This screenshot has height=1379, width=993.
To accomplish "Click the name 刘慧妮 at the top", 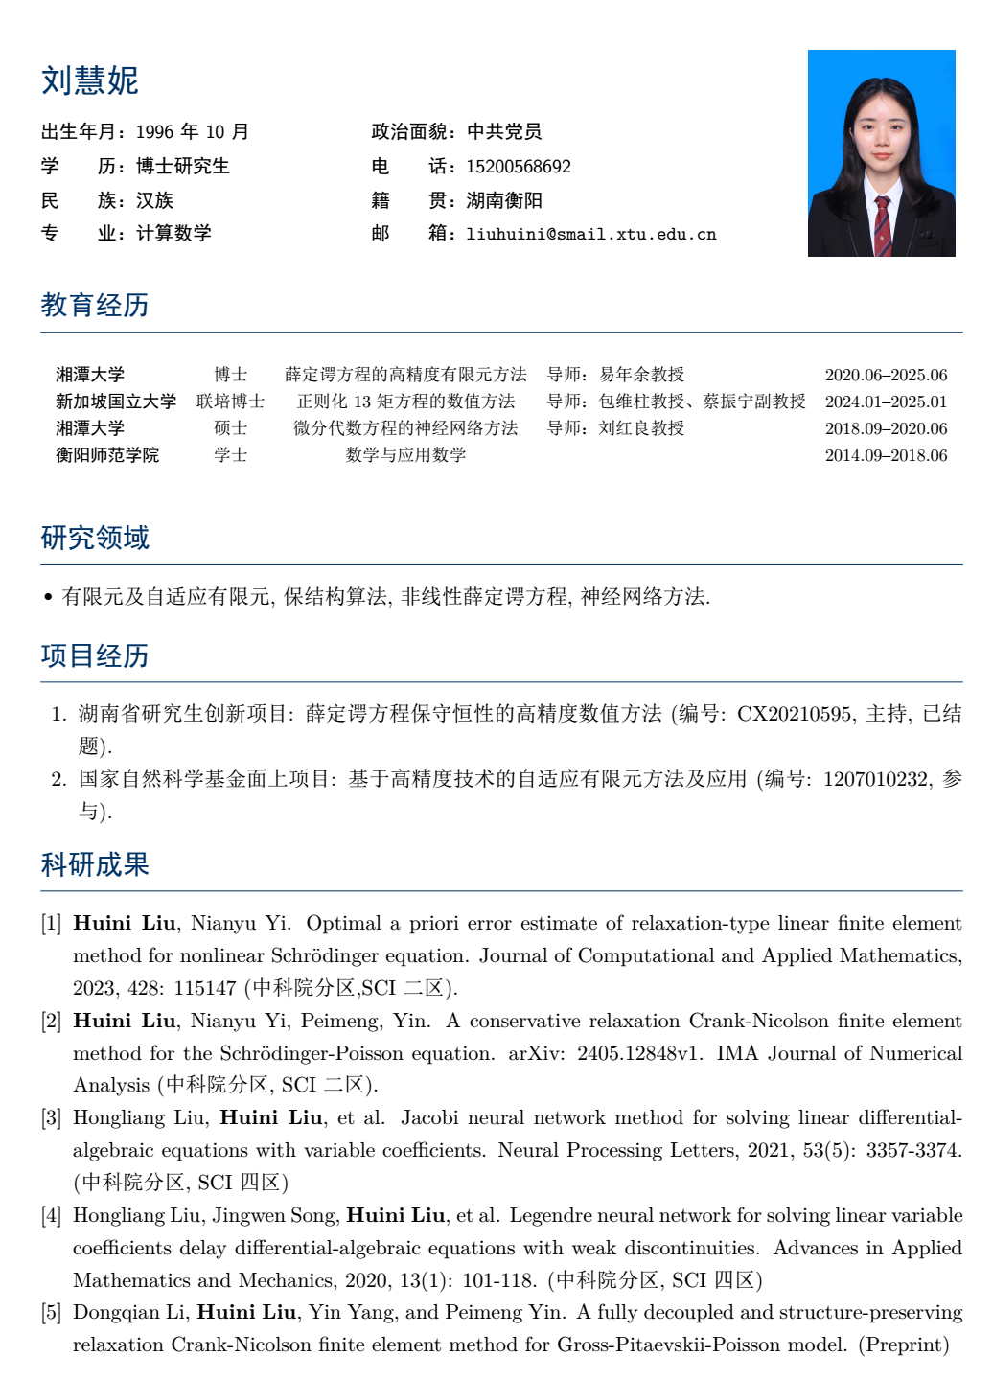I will (x=90, y=80).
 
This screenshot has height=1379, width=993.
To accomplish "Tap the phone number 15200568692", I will (x=519, y=167).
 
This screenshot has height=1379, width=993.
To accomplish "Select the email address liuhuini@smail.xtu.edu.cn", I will (x=591, y=234).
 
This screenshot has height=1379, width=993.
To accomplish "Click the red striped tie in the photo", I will (x=882, y=225).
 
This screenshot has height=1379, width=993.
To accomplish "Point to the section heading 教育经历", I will (x=95, y=305).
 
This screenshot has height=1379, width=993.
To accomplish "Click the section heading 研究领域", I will (x=95, y=538).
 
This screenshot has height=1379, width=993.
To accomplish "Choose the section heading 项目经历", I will (x=95, y=655).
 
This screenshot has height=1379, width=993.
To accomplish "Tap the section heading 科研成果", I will (x=95, y=864).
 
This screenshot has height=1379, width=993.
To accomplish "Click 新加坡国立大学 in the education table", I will (x=116, y=402).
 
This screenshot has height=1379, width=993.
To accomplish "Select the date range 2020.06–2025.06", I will (x=886, y=375).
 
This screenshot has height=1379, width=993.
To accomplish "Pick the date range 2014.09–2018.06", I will (x=886, y=455).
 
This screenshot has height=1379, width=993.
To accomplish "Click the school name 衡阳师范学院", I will (x=107, y=455).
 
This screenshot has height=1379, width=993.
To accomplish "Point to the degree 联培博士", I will (x=230, y=402).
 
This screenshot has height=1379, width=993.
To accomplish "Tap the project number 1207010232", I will (x=876, y=779).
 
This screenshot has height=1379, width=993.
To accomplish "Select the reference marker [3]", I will (x=51, y=1118).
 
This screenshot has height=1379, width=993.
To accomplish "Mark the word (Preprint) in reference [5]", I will (x=903, y=1345).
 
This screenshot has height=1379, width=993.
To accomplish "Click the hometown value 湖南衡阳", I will (x=504, y=200).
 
